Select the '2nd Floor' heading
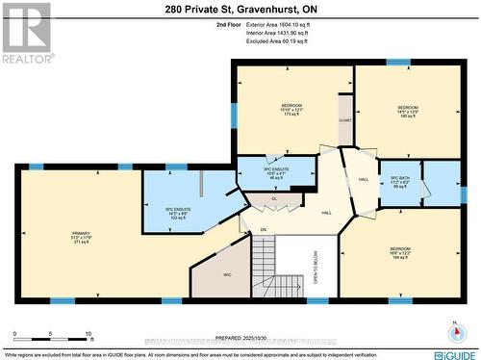[x=230, y=26]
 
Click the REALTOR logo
[x=26, y=34]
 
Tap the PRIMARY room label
[x=81, y=237]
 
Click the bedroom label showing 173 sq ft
[x=291, y=110]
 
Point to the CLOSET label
[x=344, y=122]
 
